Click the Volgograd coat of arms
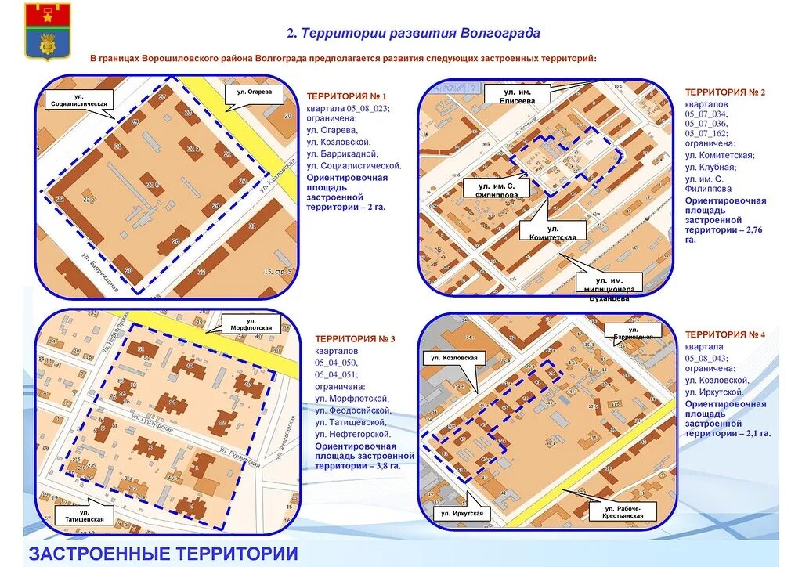[47, 31]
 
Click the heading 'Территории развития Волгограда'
[414, 34]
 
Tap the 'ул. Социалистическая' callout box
[80, 99]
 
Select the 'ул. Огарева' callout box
[255, 92]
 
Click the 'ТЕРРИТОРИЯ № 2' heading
[725, 92]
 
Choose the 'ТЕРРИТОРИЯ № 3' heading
[356, 339]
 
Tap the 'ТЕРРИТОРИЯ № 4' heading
[725, 335]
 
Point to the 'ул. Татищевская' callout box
[84, 515]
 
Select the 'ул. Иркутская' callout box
[461, 514]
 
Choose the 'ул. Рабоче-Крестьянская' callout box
[623, 513]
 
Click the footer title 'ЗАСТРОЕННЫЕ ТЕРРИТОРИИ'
[163, 554]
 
